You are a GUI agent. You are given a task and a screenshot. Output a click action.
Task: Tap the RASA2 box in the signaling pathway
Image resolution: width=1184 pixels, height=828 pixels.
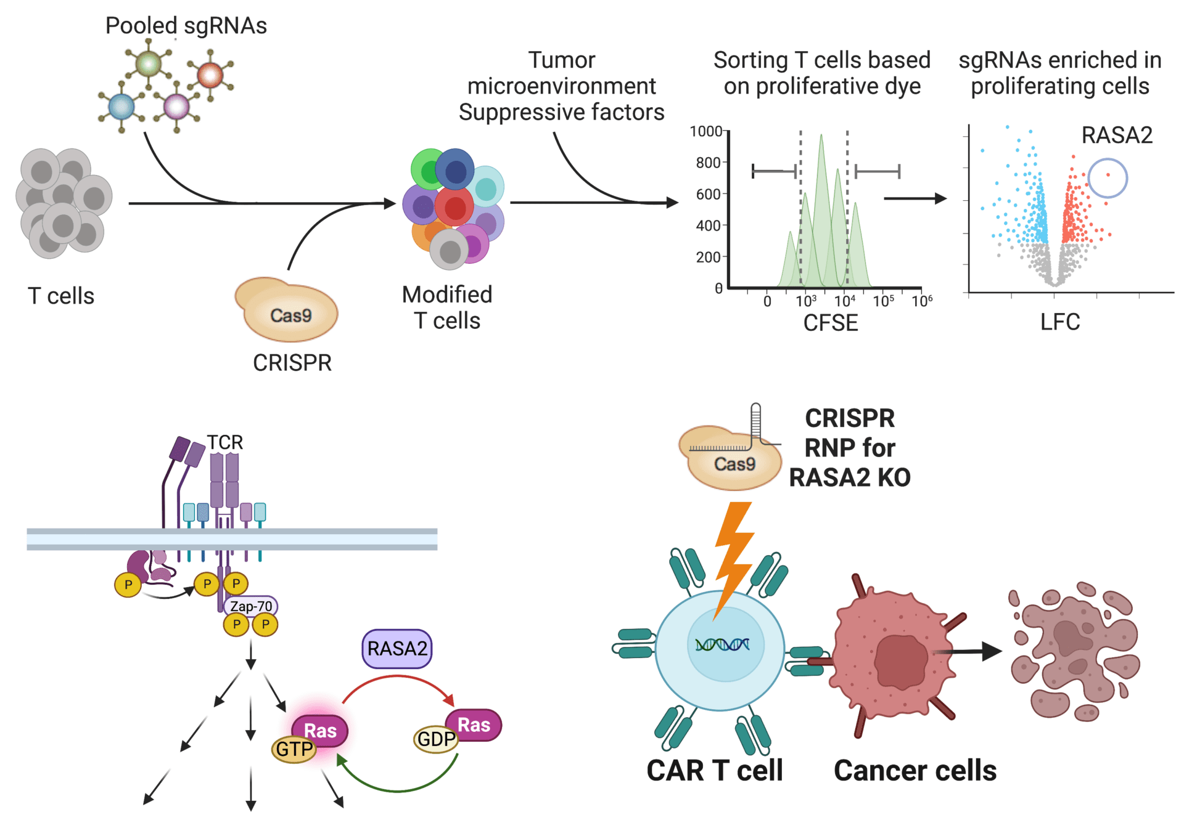(x=397, y=649)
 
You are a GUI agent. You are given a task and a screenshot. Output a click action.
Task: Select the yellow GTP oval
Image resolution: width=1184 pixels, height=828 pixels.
(x=294, y=749)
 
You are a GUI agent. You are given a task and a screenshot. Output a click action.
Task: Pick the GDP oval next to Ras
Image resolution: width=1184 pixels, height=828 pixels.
(x=435, y=739)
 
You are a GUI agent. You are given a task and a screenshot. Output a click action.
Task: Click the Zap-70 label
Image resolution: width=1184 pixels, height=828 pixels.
(x=251, y=606)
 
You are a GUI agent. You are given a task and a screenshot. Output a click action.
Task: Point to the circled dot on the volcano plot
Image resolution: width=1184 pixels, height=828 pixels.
(x=1108, y=176)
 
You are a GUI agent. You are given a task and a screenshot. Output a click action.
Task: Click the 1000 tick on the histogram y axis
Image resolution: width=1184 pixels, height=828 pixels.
(x=705, y=131)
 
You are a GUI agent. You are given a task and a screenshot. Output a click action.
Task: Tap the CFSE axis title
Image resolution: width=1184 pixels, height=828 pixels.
(x=830, y=323)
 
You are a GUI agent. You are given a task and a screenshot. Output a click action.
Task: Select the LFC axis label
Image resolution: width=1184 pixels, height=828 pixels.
(x=1059, y=322)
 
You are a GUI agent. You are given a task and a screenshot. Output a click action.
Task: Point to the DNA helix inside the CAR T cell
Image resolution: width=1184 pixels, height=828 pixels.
(x=722, y=644)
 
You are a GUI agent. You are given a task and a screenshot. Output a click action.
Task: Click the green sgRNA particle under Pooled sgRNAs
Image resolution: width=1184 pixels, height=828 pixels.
(x=148, y=63)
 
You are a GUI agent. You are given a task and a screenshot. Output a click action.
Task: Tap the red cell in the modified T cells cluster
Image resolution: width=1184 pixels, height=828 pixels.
(x=454, y=207)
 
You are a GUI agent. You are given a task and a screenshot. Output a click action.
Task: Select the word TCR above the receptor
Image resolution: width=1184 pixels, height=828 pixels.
(x=224, y=442)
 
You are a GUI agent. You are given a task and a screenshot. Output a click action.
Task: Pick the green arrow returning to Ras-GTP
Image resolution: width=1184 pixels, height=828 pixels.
(x=398, y=789)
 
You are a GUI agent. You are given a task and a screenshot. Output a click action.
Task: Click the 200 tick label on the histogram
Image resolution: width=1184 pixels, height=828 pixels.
(x=708, y=257)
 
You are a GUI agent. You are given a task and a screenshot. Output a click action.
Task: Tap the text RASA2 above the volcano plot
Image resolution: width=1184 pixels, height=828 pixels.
(x=1116, y=135)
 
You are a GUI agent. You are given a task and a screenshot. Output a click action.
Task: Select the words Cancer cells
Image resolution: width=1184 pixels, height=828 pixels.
(x=915, y=771)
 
